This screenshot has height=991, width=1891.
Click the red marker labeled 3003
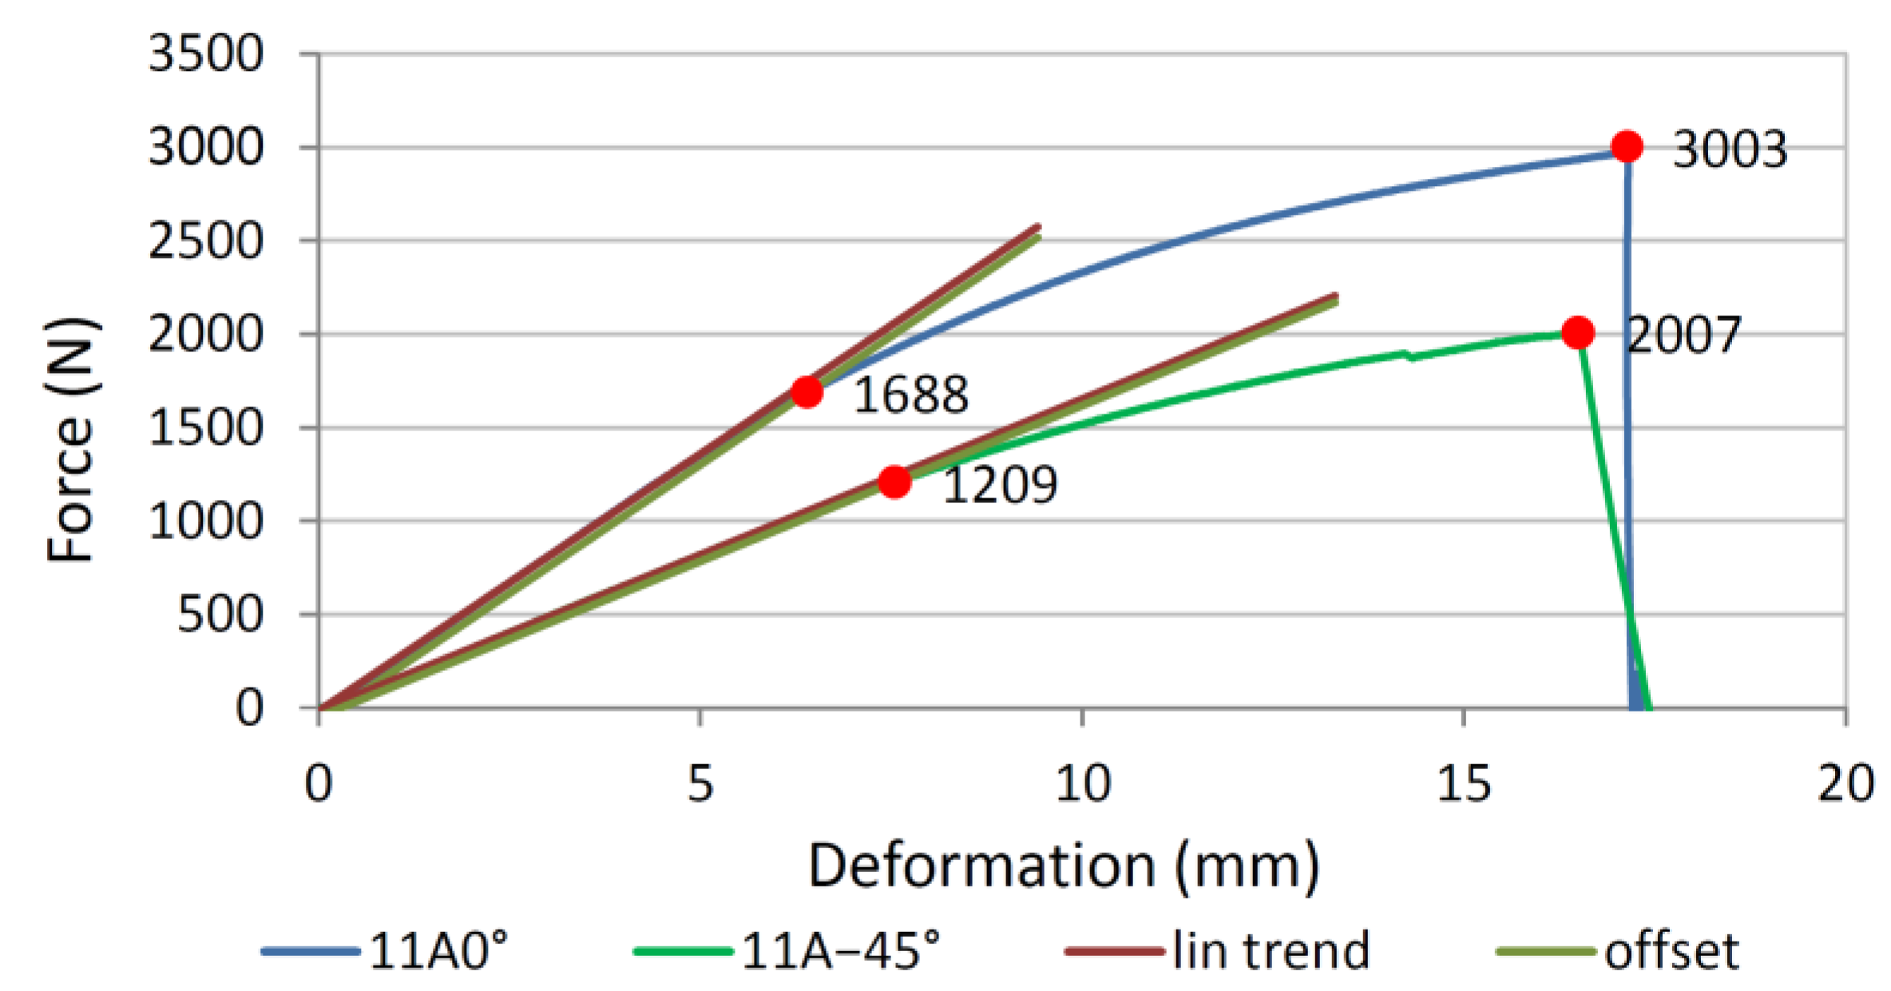(1627, 147)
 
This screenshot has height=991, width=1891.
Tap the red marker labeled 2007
(1577, 332)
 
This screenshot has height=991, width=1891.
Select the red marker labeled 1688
(807, 392)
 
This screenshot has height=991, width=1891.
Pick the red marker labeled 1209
(894, 482)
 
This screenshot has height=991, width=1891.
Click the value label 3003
(1729, 149)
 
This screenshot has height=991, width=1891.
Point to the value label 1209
(1000, 484)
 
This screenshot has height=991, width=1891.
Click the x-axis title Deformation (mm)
(1063, 866)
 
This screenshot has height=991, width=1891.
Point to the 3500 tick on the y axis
(205, 54)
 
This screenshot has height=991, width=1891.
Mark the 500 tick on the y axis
(220, 614)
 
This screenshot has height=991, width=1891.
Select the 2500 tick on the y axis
(205, 240)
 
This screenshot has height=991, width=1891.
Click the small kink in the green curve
(1409, 355)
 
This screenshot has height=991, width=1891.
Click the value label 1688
(910, 394)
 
